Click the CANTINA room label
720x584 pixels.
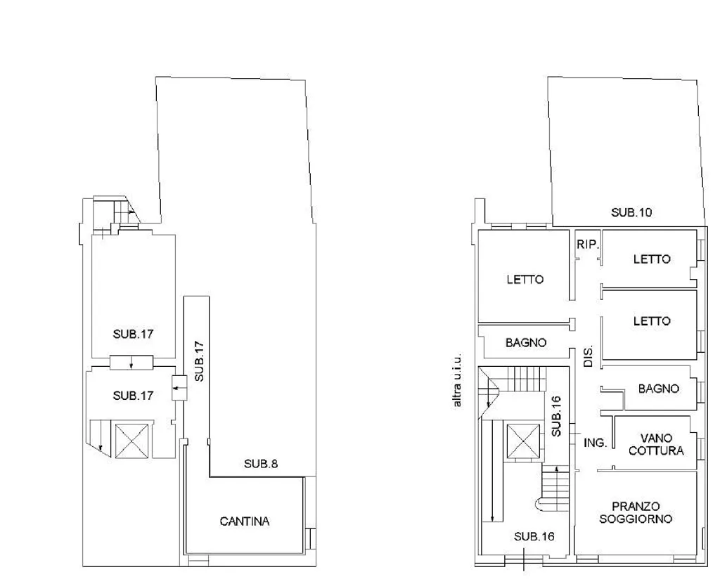[244, 521]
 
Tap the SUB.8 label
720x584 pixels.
[261, 464]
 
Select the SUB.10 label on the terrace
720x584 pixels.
[631, 212]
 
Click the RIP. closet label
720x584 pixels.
[589, 245]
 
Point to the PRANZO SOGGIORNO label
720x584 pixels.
[636, 513]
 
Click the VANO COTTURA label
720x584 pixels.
[656, 444]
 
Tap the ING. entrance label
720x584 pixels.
[595, 443]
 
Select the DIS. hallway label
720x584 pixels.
[589, 356]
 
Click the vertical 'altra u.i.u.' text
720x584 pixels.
[457, 380]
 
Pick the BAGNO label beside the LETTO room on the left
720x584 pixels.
[526, 342]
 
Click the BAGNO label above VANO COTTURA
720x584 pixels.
[658, 389]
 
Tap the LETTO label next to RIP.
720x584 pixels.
[652, 259]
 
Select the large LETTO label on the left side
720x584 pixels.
[525, 279]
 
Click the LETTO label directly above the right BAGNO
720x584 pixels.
[652, 321]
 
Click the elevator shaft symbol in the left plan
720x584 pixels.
[131, 441]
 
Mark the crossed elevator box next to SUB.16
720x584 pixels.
[523, 441]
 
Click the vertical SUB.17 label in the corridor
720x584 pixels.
[199, 361]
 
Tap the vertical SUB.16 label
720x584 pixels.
[556, 416]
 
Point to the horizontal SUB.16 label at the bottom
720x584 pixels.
[534, 536]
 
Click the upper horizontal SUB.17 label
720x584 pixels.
[133, 334]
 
